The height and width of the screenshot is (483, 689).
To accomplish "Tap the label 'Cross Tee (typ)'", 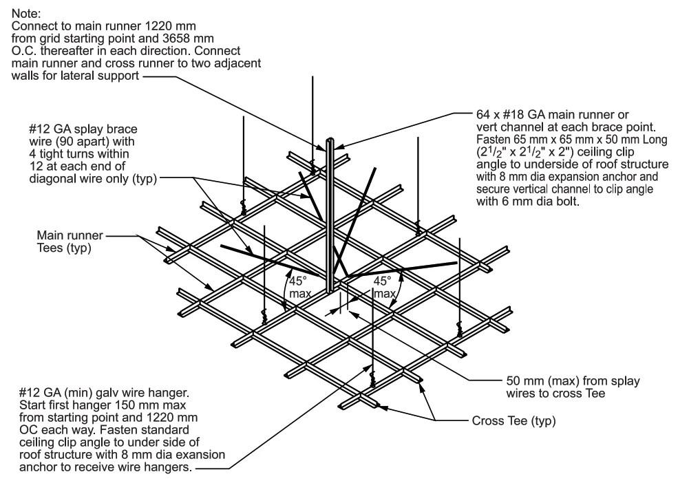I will pos(514,420).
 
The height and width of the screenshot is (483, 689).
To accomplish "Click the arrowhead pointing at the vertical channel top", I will pos(339,147).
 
